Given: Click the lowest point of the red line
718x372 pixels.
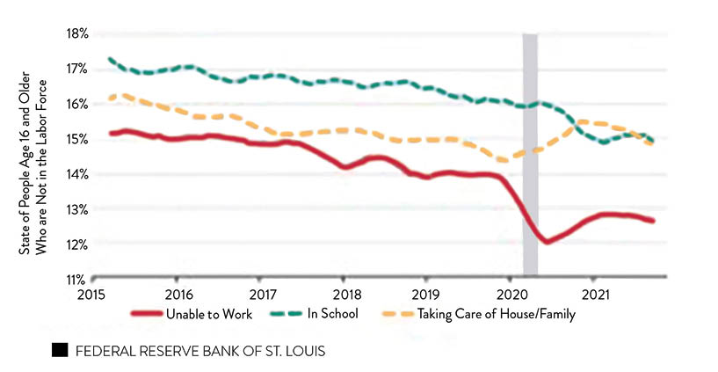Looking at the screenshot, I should pyautogui.click(x=547, y=241).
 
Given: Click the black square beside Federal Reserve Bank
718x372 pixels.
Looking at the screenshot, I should pyautogui.click(x=60, y=350).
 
